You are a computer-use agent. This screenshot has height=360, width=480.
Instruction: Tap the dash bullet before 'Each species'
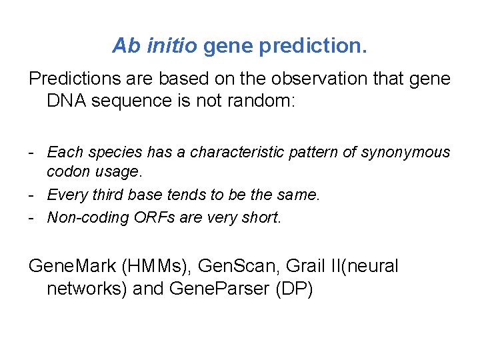click(32, 153)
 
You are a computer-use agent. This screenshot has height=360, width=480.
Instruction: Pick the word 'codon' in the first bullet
click(65, 171)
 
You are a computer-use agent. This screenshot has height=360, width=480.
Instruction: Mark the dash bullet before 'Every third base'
click(32, 195)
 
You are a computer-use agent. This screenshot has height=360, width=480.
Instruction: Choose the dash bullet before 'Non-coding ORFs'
click(32, 217)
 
